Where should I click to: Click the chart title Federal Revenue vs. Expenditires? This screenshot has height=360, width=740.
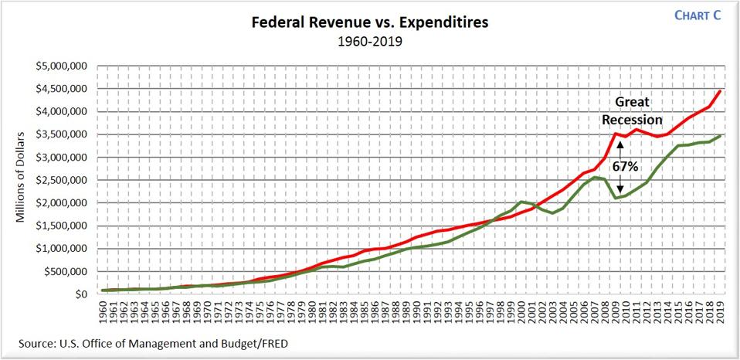368,22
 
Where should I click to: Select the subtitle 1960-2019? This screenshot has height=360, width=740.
368,42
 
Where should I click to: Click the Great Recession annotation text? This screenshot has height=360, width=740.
633,111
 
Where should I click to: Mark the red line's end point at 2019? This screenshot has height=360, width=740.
720,91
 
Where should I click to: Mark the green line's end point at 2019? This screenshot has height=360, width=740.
720,136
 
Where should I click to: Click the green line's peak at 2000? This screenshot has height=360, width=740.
522,202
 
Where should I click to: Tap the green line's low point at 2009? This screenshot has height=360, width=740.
616,199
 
